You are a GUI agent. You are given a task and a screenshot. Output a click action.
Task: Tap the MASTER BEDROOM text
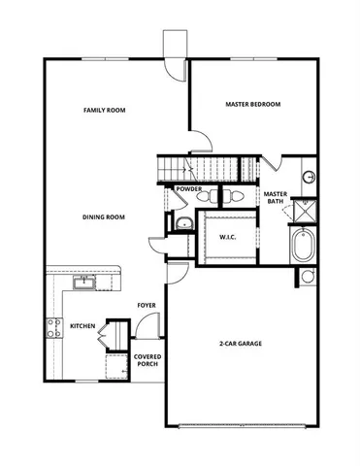tap(252, 103)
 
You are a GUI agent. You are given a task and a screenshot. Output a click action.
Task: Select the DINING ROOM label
tap(105, 217)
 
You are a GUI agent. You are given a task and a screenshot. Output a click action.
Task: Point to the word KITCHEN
tap(82, 326)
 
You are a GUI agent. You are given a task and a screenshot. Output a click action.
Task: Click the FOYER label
tap(147, 305)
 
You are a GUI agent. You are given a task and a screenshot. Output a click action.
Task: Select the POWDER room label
tap(189, 189)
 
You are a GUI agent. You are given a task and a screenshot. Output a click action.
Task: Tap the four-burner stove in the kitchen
tap(52, 328)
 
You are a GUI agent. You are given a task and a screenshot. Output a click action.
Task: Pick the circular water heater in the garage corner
tap(308, 278)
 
